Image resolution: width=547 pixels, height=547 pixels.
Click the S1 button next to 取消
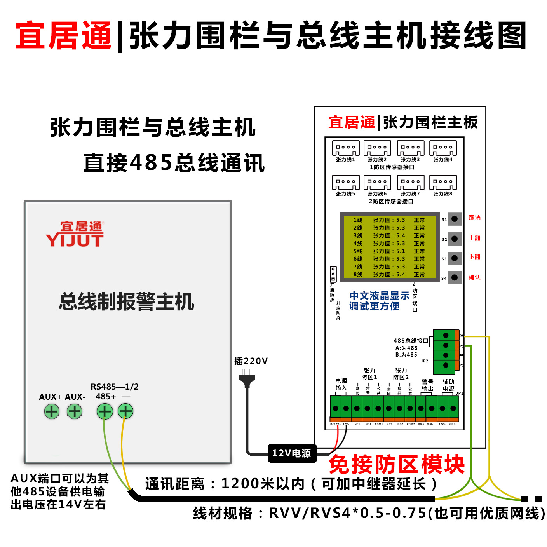[x=454, y=219]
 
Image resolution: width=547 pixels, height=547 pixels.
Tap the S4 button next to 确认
[x=454, y=277]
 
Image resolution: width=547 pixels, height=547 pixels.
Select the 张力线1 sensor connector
[x=346, y=148]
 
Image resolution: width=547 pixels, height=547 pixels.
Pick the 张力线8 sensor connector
[x=443, y=183]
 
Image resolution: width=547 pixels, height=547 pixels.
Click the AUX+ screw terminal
[x=52, y=411]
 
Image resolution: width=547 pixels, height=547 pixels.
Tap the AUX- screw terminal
[x=74, y=411]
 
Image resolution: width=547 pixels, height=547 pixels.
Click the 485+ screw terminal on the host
[x=105, y=411]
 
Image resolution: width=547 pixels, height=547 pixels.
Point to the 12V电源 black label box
[x=292, y=453]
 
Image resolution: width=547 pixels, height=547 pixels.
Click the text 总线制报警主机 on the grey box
[x=126, y=302]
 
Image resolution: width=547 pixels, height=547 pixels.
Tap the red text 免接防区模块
[x=396, y=464]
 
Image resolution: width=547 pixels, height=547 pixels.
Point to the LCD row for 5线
[x=389, y=251]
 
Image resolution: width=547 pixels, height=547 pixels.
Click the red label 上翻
[x=474, y=238]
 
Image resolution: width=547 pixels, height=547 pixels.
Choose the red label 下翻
[x=474, y=257]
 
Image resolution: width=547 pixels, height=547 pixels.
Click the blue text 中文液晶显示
[x=379, y=296]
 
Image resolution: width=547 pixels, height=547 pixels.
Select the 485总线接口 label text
[x=411, y=341]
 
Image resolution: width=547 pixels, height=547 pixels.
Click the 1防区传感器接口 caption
[x=392, y=167]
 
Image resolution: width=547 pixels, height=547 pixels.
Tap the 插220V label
[x=251, y=361]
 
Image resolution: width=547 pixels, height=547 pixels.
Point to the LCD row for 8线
[x=389, y=275]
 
